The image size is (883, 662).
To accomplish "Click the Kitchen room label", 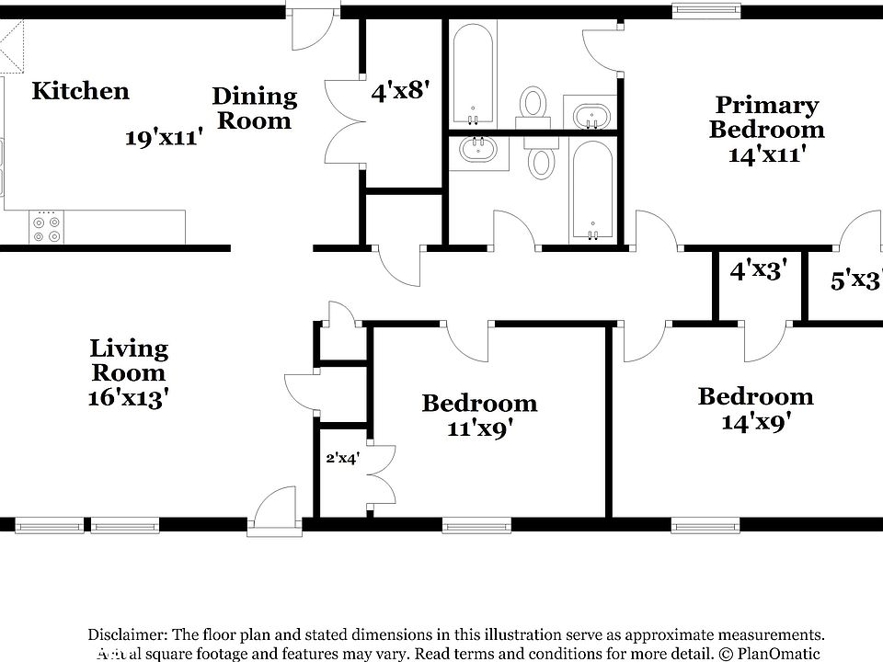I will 80,91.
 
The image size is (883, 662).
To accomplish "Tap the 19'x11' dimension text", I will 164,138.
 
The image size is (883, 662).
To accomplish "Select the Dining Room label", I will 255,108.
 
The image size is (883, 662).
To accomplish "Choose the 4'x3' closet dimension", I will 757,271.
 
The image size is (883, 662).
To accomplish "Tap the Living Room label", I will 129,360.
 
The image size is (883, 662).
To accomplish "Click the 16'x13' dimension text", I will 129,398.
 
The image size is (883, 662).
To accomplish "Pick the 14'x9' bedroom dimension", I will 755,421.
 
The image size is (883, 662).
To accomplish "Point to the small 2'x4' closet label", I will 343,457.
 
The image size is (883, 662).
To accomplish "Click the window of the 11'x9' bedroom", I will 476,526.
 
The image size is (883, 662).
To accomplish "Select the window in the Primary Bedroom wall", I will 706,11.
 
